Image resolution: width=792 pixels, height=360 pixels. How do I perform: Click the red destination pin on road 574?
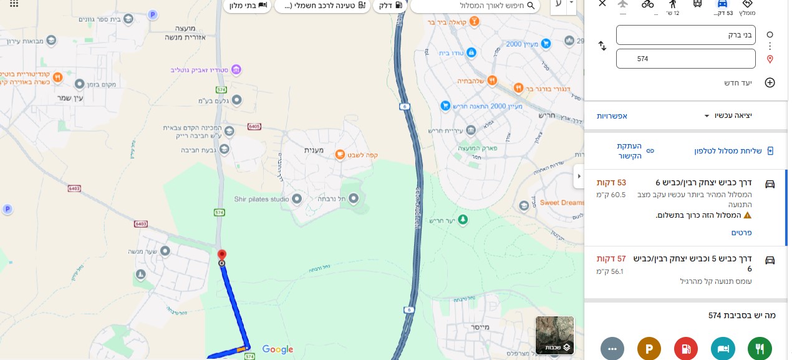tap(221, 255)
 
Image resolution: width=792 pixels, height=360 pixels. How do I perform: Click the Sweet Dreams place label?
tap(562, 203)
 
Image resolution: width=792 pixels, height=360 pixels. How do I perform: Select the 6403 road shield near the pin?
tap(141, 224)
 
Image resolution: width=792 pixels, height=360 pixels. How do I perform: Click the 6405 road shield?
tap(254, 126)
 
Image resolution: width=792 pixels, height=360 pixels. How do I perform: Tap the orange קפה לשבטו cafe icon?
tap(340, 154)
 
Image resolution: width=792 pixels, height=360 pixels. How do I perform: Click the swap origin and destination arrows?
tap(602, 46)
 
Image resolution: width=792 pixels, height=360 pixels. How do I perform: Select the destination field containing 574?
tap(685, 59)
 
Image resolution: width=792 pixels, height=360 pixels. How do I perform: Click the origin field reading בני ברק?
tap(685, 35)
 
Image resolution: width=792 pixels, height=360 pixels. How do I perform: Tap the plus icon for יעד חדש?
tap(770, 83)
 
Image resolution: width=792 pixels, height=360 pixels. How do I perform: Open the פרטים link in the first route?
tap(741, 233)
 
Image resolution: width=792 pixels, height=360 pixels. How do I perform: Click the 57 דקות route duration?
tap(611, 258)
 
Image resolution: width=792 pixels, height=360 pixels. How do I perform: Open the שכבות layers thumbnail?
tap(554, 335)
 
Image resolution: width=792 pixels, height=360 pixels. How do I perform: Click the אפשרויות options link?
tap(612, 116)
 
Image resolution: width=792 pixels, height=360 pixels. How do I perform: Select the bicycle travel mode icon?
tap(647, 4)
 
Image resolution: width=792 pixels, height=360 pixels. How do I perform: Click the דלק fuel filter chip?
tap(390, 6)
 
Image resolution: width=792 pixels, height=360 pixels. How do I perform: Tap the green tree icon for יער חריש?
tap(463, 220)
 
